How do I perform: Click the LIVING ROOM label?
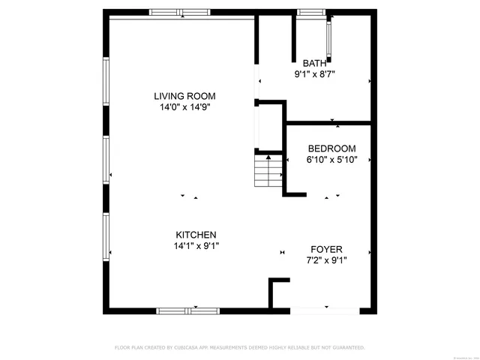pyautogui.click(x=184, y=96)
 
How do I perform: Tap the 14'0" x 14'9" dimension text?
pyautogui.click(x=184, y=107)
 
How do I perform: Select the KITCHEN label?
pyautogui.click(x=196, y=234)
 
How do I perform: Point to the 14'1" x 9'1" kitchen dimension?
pyautogui.click(x=196, y=245)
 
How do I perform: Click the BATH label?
pyautogui.click(x=314, y=63)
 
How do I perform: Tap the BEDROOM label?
pyautogui.click(x=331, y=148)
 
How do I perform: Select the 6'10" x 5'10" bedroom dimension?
pyautogui.click(x=331, y=160)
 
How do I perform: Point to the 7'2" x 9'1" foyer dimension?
pyautogui.click(x=326, y=260)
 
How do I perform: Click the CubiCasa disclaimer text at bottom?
pyautogui.click(x=239, y=347)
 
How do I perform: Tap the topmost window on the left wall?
pyautogui.click(x=106, y=82)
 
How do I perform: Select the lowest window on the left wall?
pyautogui.click(x=106, y=237)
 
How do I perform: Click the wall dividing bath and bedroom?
pyautogui.click(x=330, y=122)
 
